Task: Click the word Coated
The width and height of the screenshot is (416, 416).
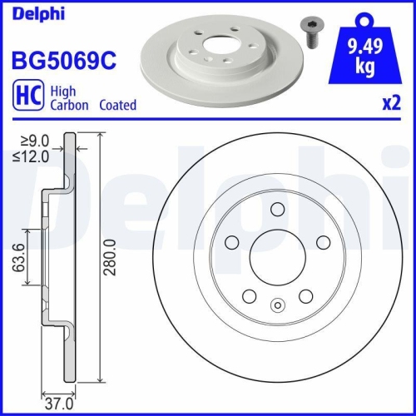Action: [117, 106]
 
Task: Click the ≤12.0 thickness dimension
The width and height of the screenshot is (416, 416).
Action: [32, 155]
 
